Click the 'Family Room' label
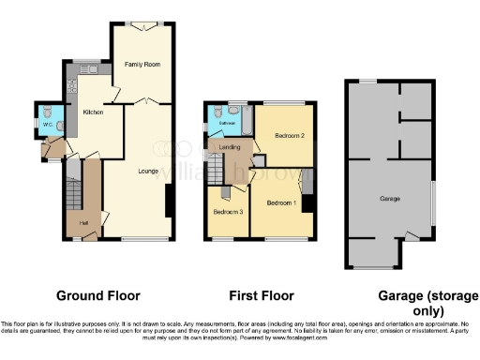tap(140, 65)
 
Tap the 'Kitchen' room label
tap(93, 112)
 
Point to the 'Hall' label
tap(83, 222)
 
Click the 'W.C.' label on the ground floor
tap(46, 124)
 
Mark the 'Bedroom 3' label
tap(228, 212)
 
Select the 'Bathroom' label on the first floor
tap(227, 123)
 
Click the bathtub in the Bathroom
tap(247, 119)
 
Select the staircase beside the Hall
tap(72, 192)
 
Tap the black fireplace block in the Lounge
tap(169, 203)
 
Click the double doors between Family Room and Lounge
tap(140, 100)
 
